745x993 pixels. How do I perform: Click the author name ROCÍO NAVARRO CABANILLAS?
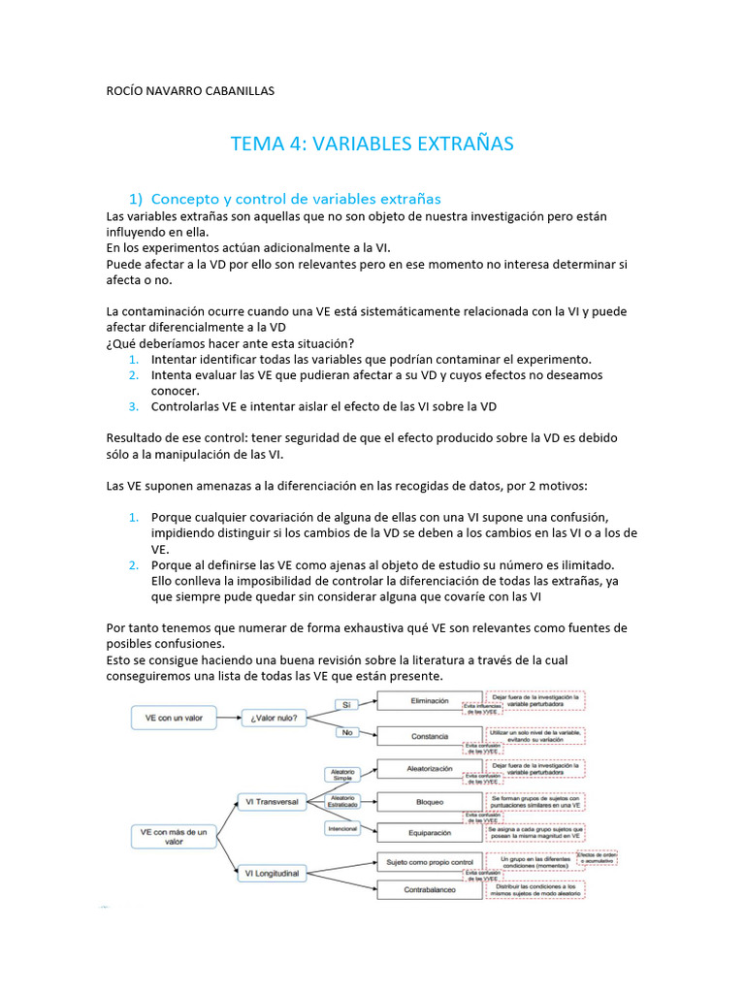(190, 91)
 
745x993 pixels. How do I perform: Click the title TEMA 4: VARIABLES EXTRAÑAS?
(372, 144)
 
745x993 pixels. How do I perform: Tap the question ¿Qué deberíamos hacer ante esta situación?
(230, 343)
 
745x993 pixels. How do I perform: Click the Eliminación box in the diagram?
(429, 700)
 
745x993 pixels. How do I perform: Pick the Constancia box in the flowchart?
(429, 736)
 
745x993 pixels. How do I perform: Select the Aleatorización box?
(429, 768)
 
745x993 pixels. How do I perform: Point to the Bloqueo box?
(429, 802)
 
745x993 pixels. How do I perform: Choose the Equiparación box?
(429, 832)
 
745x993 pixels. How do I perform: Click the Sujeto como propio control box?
(429, 861)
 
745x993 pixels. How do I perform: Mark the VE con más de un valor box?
(174, 837)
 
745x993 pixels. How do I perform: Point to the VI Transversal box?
(273, 801)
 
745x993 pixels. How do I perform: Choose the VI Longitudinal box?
(273, 874)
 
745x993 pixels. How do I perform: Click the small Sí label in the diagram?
(345, 704)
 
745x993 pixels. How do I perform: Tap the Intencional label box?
(342, 829)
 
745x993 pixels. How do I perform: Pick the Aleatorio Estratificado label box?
(342, 801)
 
